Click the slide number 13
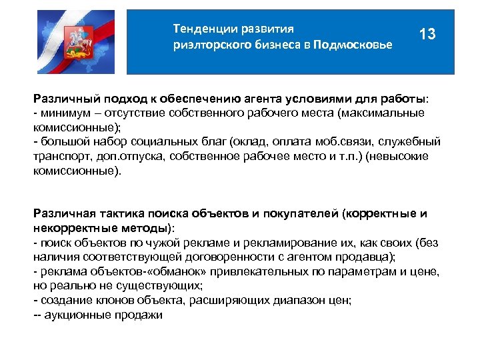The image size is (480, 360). (x=427, y=34)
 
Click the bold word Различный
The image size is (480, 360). (x=65, y=100)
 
